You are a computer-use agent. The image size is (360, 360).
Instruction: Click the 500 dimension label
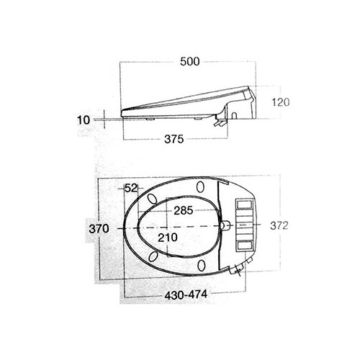189,61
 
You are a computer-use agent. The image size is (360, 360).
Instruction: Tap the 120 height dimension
281,102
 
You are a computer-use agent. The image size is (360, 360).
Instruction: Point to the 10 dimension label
84,120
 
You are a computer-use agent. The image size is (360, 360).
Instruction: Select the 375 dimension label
174,139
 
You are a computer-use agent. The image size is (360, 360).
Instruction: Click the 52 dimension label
131,189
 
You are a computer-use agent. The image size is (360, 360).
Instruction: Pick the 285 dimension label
184,210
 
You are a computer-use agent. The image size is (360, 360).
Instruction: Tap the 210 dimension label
168,238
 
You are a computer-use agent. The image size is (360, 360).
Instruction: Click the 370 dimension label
99,228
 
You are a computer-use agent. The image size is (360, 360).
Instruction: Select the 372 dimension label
279,225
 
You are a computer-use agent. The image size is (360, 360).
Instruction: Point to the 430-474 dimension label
186,294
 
